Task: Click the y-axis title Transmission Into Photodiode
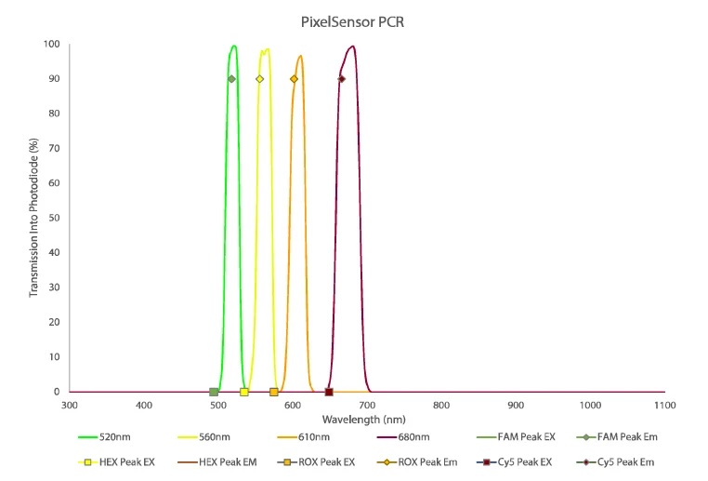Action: (x=34, y=218)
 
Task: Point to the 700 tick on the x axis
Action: (x=366, y=406)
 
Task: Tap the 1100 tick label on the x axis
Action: (x=664, y=406)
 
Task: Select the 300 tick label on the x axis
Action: (x=69, y=406)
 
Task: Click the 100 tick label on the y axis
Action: (x=53, y=45)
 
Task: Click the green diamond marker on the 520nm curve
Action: (x=231, y=79)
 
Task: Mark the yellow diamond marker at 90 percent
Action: (x=259, y=79)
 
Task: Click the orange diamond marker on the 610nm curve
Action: (x=295, y=79)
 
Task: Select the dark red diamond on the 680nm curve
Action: (x=342, y=79)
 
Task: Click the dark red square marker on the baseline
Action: (x=329, y=393)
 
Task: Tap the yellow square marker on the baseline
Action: (x=244, y=393)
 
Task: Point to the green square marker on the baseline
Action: (x=214, y=393)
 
